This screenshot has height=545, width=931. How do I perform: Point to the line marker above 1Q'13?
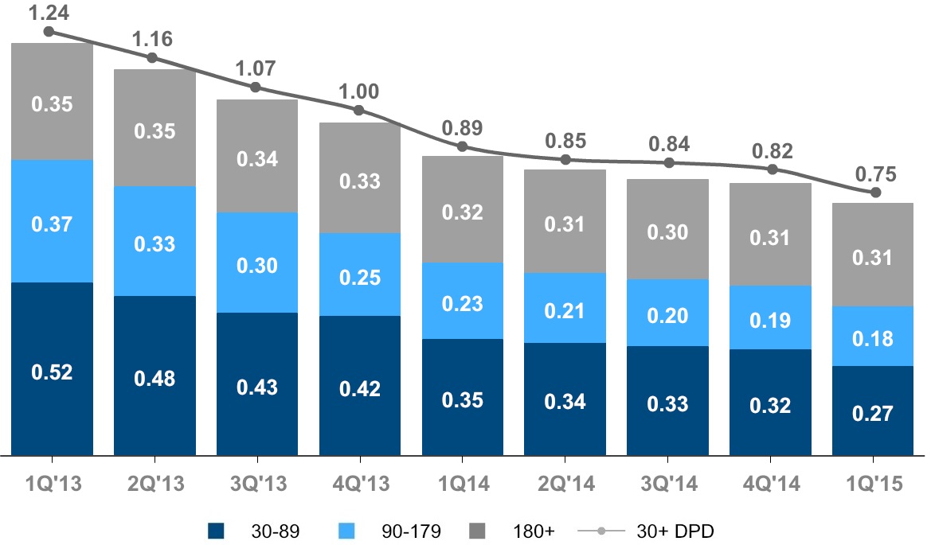(49, 32)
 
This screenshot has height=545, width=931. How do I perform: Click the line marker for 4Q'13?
(359, 111)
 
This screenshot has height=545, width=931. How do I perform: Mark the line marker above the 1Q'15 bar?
(875, 193)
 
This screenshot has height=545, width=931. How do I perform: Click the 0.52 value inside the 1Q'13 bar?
(53, 372)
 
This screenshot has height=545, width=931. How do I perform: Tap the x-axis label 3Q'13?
(256, 483)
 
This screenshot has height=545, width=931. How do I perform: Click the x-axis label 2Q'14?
(565, 483)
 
